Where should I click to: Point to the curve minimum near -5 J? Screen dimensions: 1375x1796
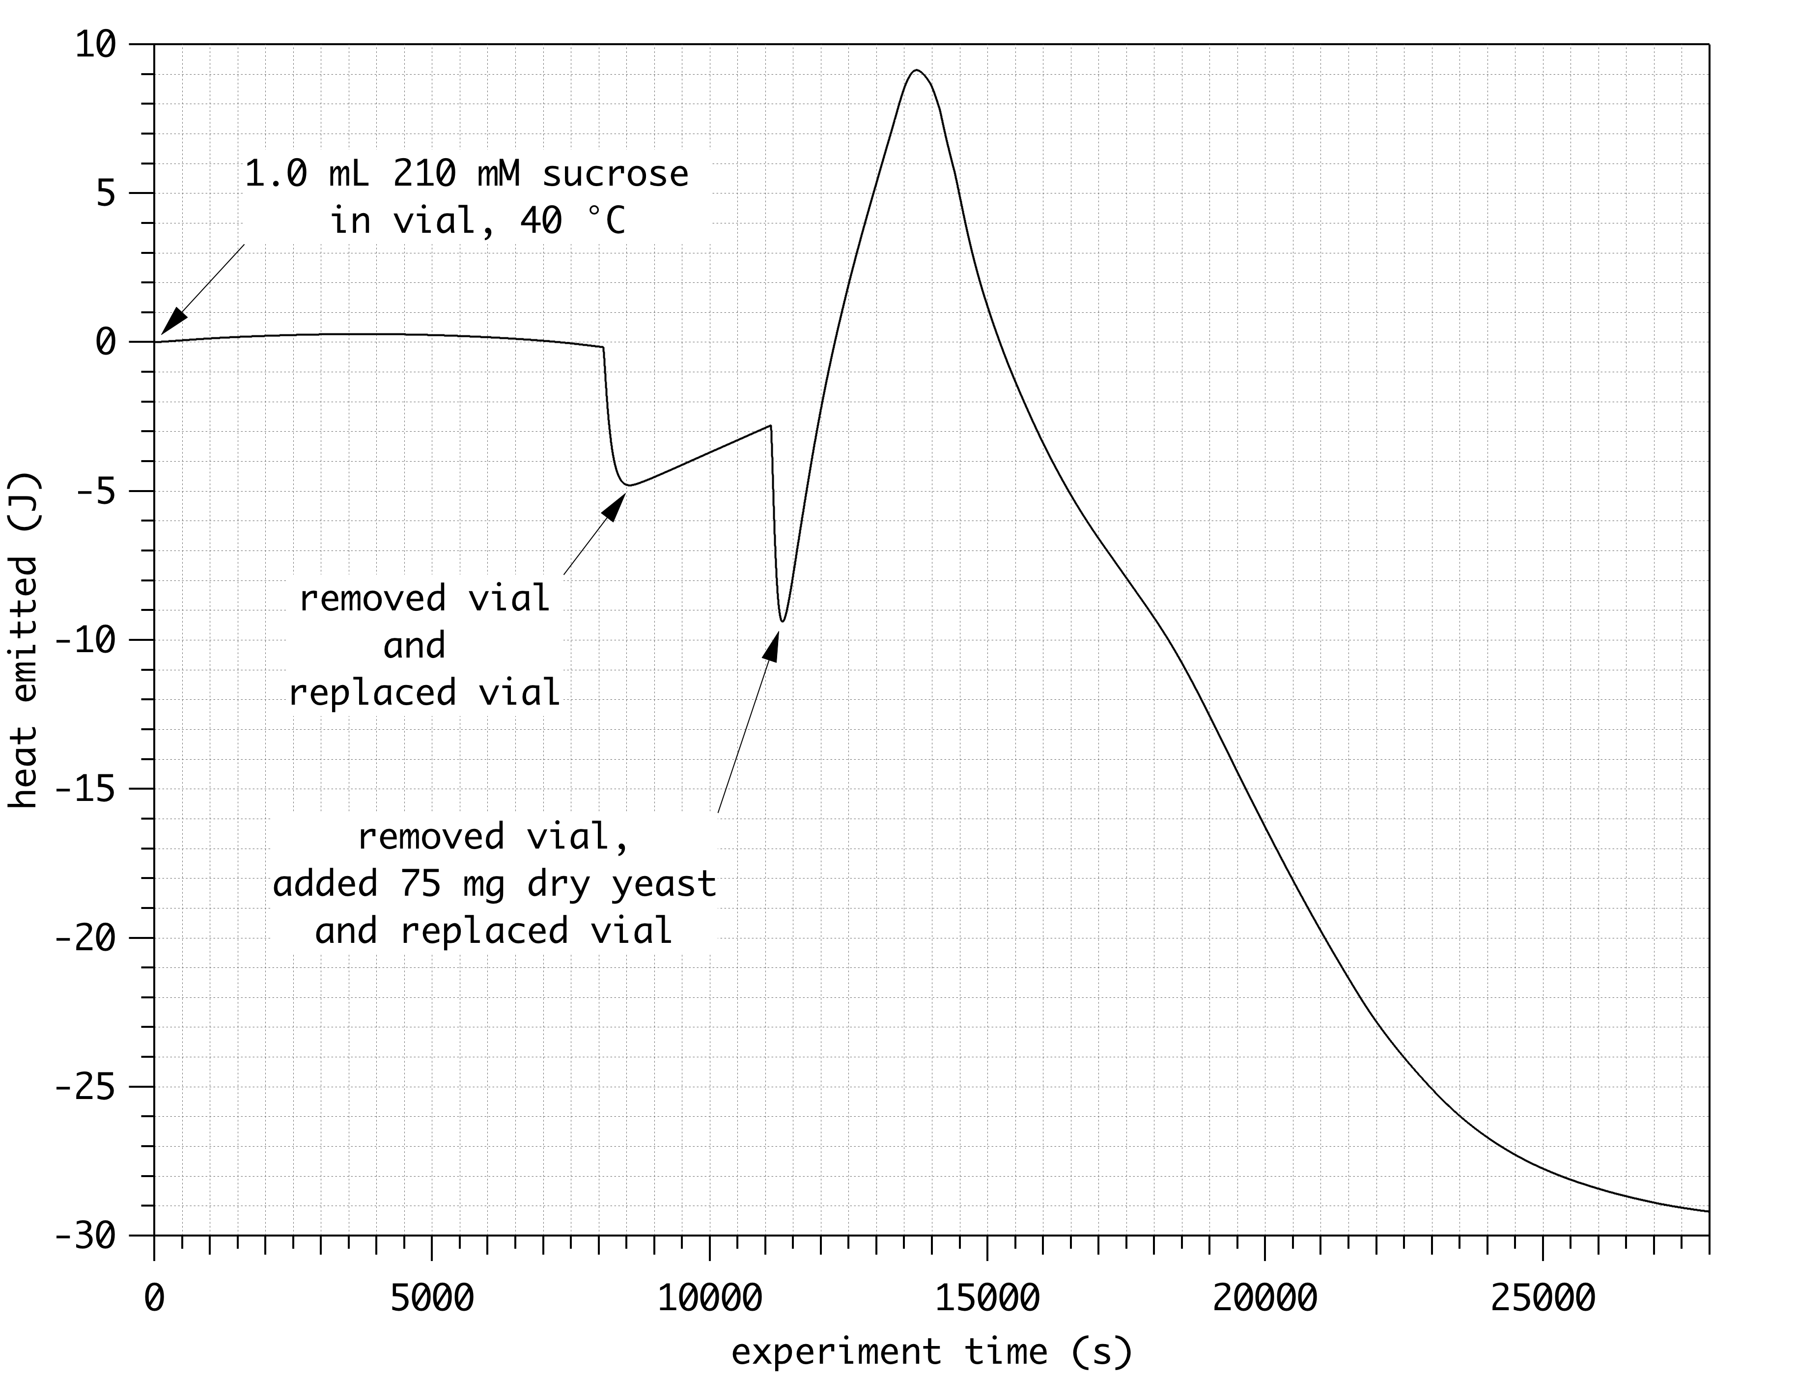click(x=628, y=485)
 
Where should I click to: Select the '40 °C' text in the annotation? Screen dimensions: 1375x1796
click(x=572, y=221)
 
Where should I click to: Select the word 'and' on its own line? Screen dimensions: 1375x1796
click(x=414, y=646)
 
